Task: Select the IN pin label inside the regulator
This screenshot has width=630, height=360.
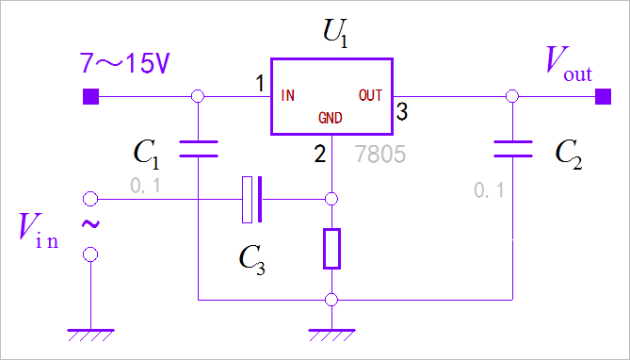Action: tap(289, 95)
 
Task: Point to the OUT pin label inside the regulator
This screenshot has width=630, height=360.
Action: tap(370, 95)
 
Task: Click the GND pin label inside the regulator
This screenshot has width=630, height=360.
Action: tap(330, 119)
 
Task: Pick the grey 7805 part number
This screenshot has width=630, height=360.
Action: tap(380, 151)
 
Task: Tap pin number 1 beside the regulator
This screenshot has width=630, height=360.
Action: tap(260, 85)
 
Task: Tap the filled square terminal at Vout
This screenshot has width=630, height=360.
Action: tap(600, 95)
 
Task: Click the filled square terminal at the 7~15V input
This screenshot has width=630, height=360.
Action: tap(90, 95)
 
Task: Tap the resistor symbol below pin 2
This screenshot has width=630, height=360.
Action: tap(331, 248)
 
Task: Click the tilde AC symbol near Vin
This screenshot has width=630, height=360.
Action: tap(91, 225)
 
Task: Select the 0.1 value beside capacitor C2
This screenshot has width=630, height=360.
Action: tap(489, 190)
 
